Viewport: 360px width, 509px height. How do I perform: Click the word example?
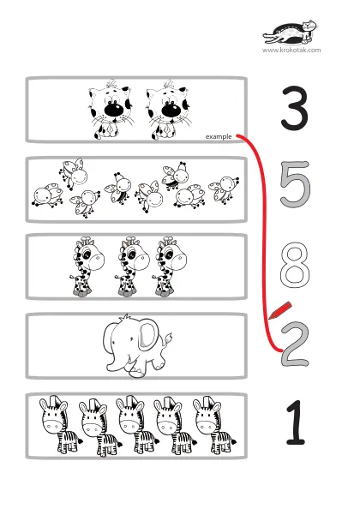pyautogui.click(x=219, y=136)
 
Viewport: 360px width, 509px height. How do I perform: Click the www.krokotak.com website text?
pyautogui.click(x=291, y=50)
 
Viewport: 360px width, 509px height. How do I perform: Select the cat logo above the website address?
pyautogui.click(x=291, y=33)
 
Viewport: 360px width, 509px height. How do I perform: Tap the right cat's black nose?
pyautogui.click(x=170, y=110)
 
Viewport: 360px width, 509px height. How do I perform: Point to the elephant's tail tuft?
pyautogui.click(x=169, y=338)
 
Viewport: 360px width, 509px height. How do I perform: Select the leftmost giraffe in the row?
pyautogui.click(x=86, y=266)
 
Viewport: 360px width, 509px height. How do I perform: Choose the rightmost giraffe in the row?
pyautogui.click(x=170, y=266)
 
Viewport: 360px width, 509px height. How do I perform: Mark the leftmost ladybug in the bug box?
pyautogui.click(x=47, y=195)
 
